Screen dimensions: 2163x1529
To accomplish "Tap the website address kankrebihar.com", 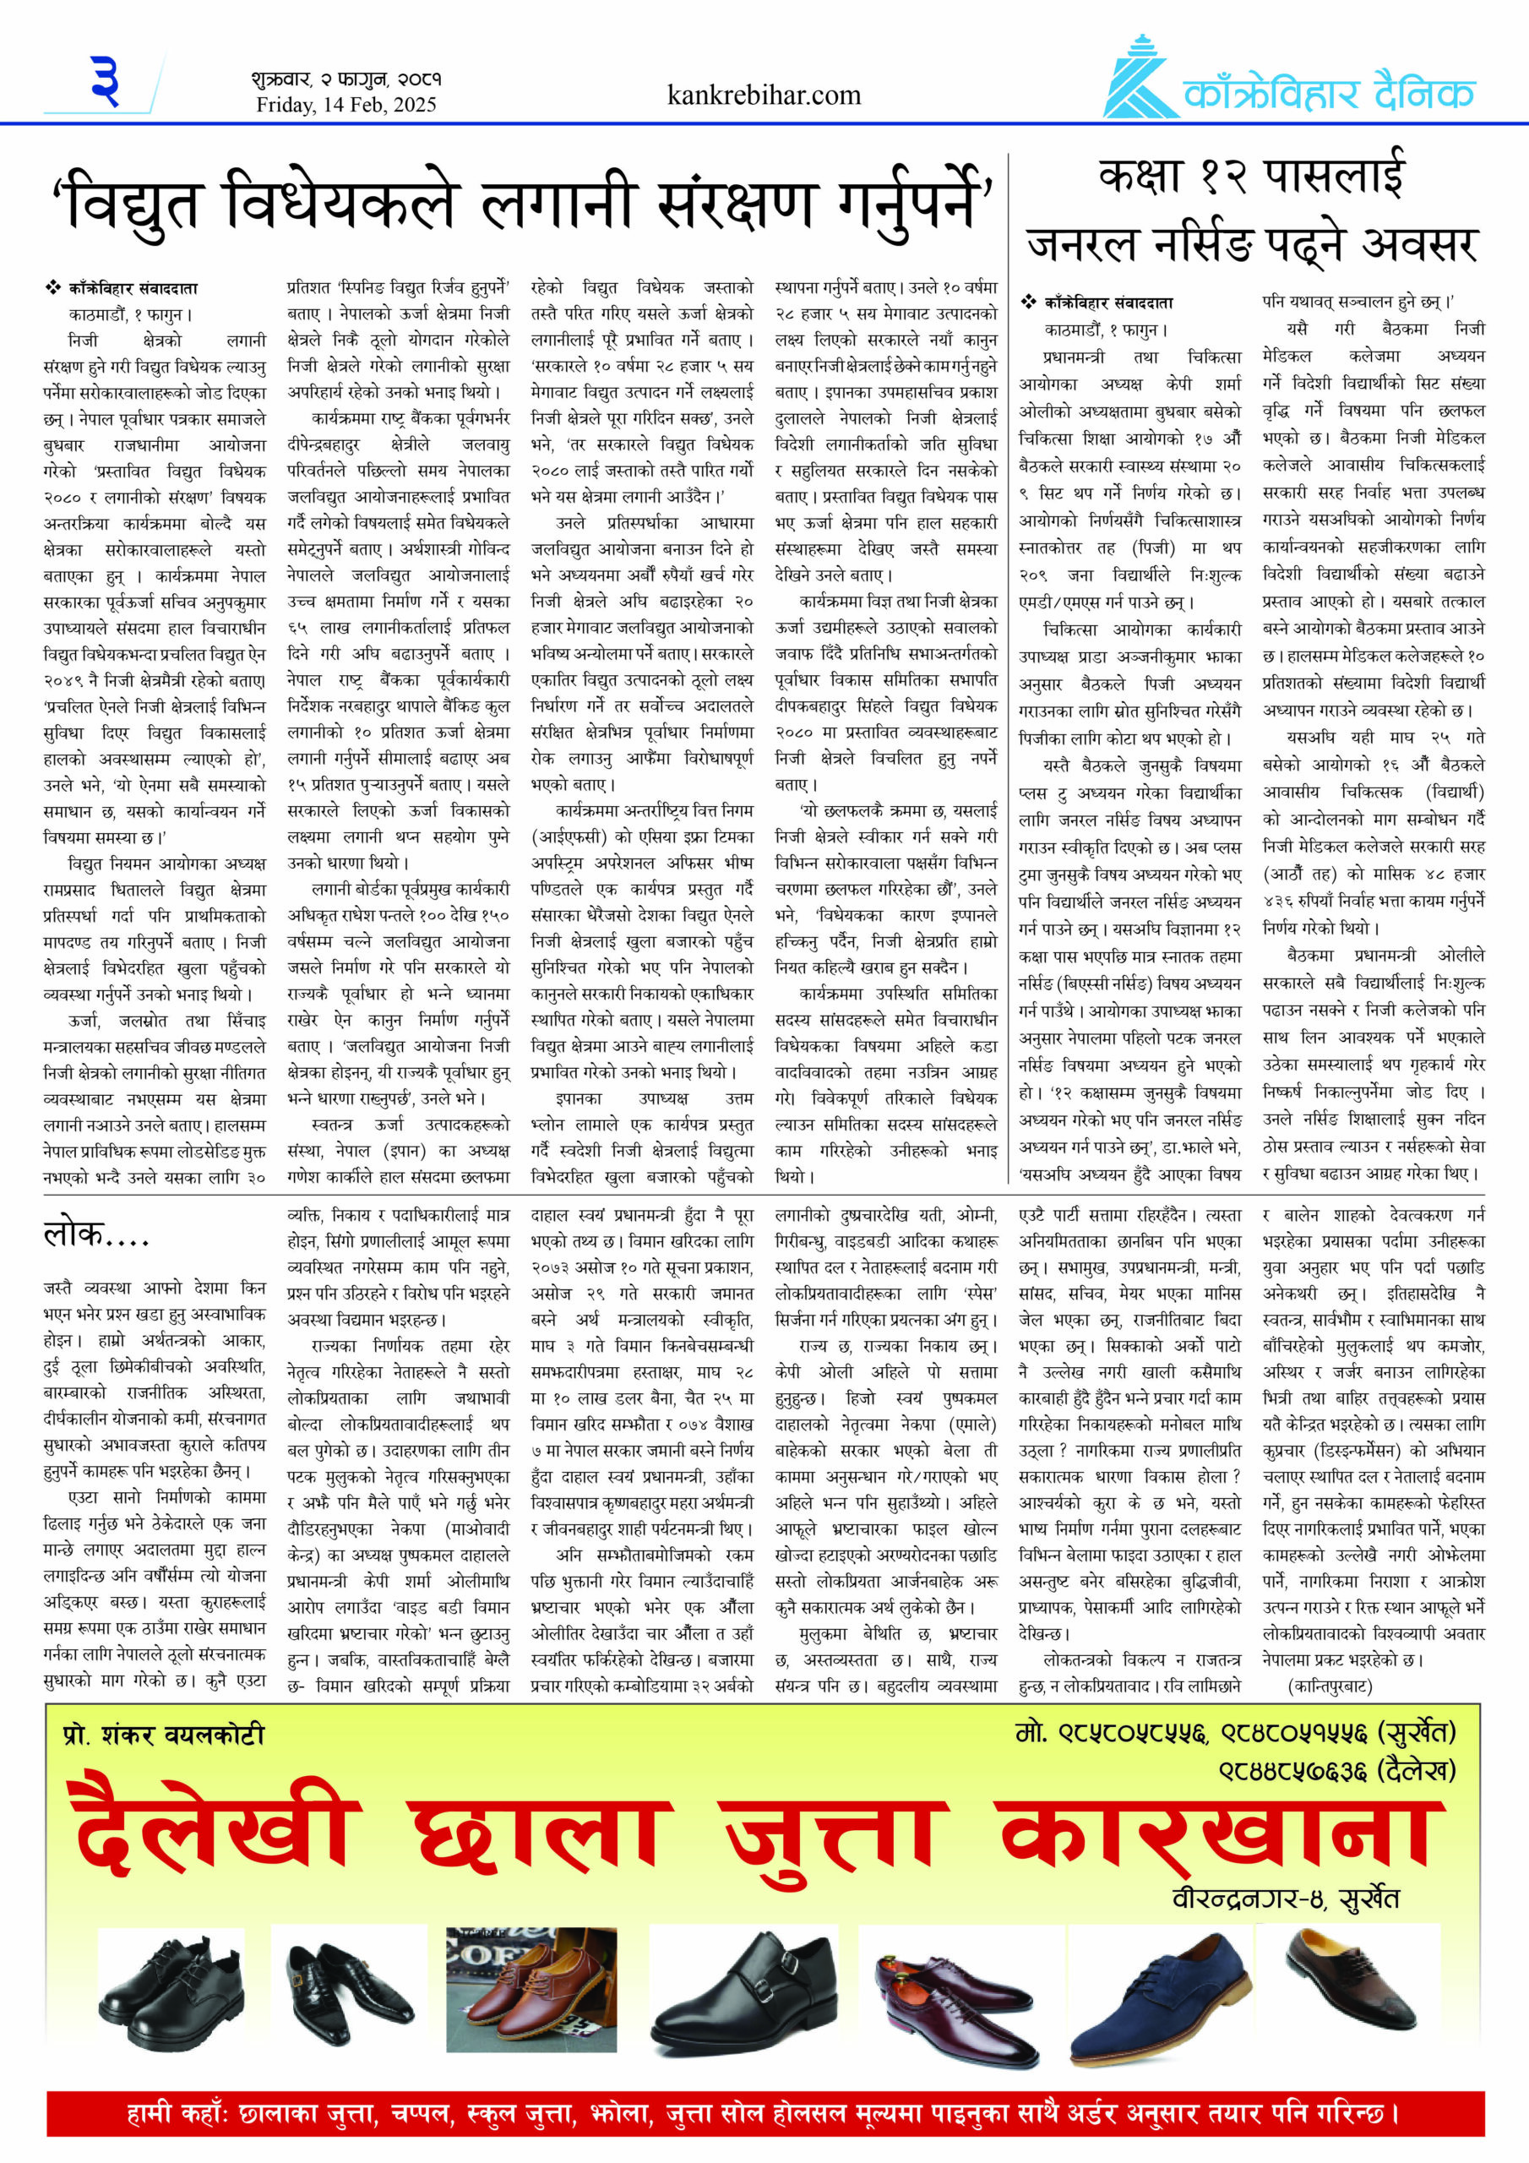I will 764,95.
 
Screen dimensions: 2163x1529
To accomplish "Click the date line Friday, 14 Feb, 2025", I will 346,105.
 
